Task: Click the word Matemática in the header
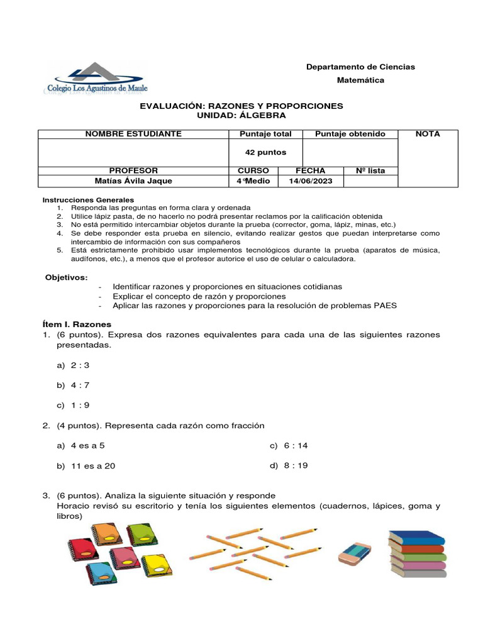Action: click(x=360, y=80)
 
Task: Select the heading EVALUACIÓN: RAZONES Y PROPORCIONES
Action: click(x=241, y=106)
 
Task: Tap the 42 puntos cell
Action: click(x=265, y=152)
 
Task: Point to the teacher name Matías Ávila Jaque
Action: click(x=133, y=181)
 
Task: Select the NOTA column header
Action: click(x=428, y=134)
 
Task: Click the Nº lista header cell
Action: click(x=370, y=170)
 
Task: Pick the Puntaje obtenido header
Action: click(x=350, y=134)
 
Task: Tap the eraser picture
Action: click(x=355, y=553)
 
